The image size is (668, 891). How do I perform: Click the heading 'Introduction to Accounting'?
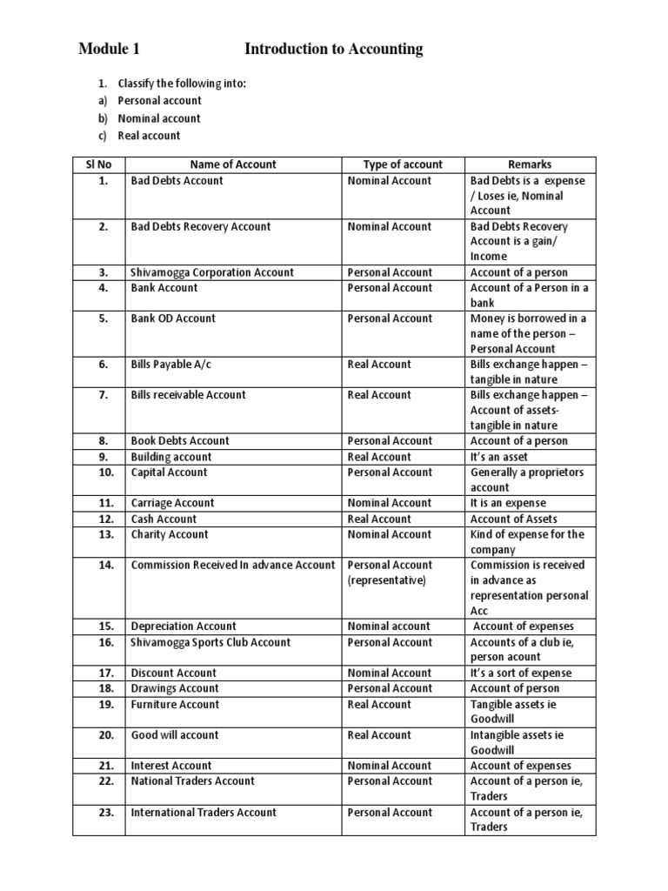tap(333, 50)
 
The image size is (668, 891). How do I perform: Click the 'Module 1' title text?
tap(109, 50)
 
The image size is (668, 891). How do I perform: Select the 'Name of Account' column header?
tap(233, 164)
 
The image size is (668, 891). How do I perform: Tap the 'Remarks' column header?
tap(530, 164)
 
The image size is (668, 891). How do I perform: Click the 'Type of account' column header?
tap(403, 164)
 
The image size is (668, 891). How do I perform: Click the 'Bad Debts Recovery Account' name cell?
tap(200, 227)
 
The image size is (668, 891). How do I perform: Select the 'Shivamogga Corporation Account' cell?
tap(212, 273)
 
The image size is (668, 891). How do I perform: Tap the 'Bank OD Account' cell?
tap(172, 318)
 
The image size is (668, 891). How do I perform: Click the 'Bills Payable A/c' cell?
tap(172, 365)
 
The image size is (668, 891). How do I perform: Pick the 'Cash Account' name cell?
tap(164, 519)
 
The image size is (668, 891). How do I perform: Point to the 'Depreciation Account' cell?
tap(184, 626)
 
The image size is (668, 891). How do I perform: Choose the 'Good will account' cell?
tap(174, 735)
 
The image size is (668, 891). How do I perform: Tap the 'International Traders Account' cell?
tap(204, 813)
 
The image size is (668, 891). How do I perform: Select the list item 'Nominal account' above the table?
tap(159, 118)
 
